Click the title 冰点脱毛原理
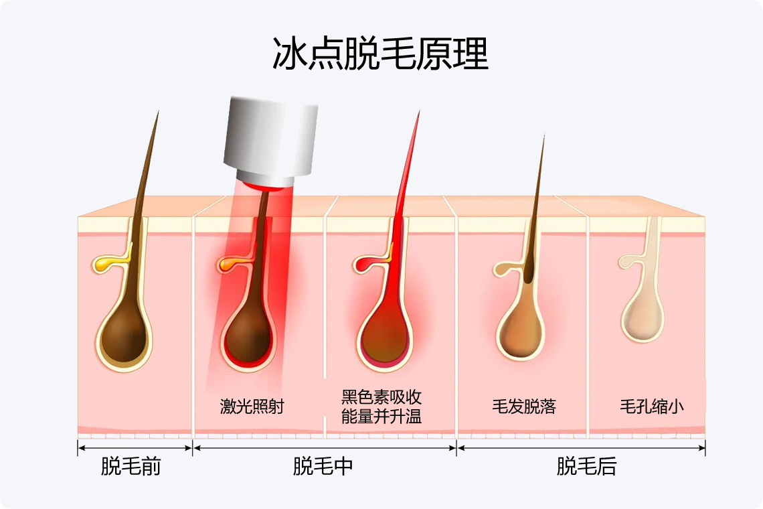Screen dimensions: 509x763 (380, 54)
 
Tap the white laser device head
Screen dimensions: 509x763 (271, 137)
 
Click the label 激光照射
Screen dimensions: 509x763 (252, 407)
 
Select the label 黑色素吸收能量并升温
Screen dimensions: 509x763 (381, 407)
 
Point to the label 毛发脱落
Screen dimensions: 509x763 (524, 407)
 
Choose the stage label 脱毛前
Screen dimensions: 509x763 (131, 467)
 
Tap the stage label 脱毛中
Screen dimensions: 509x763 (323, 467)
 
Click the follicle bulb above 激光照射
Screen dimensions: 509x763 (248, 335)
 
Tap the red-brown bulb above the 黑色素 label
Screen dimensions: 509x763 (384, 335)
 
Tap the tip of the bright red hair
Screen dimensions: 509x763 (419, 113)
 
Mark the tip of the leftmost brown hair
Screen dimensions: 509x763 (159, 112)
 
